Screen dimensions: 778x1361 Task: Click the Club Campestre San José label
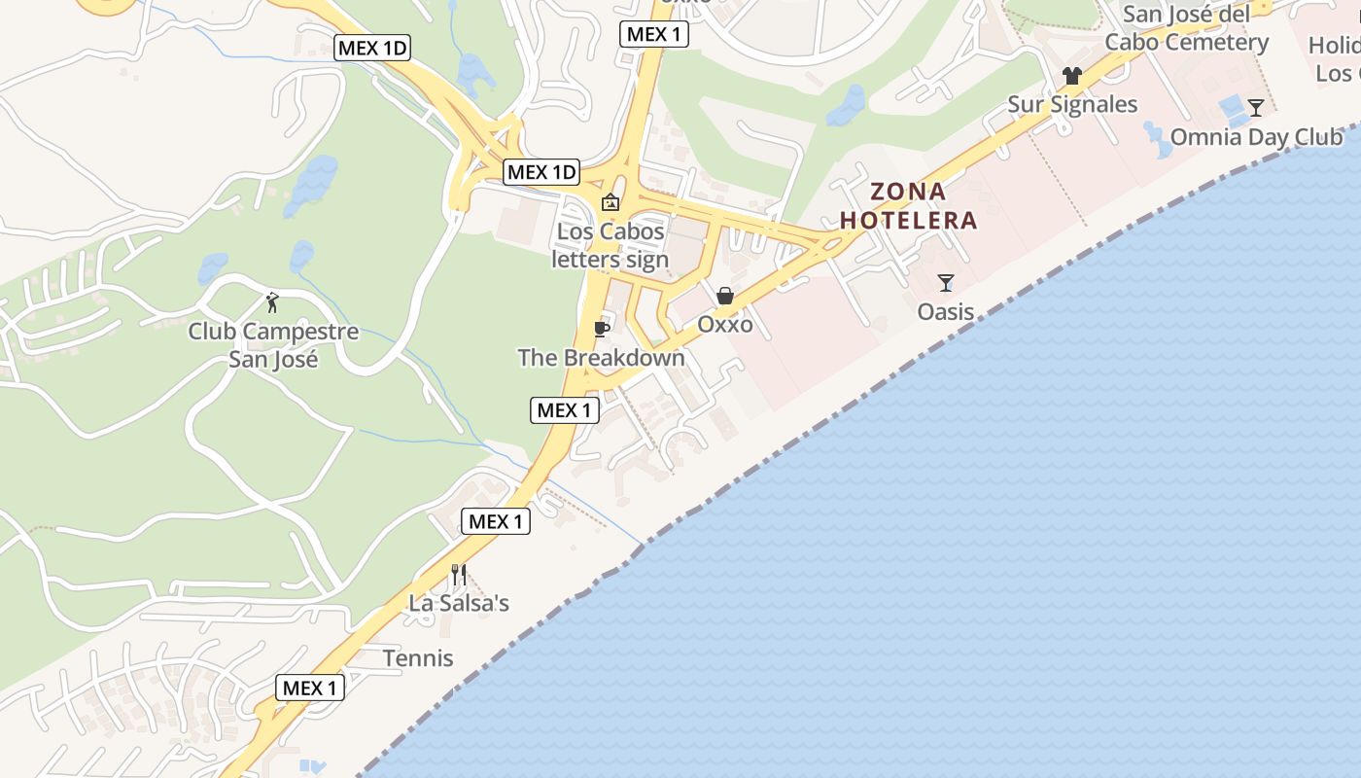point(273,345)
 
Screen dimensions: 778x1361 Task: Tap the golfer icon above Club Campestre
point(273,302)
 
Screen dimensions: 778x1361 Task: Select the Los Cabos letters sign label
point(611,245)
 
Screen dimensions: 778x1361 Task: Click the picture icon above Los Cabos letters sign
point(611,202)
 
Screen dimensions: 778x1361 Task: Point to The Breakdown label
point(601,358)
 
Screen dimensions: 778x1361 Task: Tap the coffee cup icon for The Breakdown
point(601,329)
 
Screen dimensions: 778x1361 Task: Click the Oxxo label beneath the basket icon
point(725,324)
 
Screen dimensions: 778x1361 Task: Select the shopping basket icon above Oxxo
point(725,296)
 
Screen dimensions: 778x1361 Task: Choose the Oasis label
point(946,311)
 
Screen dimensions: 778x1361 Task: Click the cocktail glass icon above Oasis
point(946,283)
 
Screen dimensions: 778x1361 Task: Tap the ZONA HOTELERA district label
point(908,206)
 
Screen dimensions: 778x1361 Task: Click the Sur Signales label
point(1072,104)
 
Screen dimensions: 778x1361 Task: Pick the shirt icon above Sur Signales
point(1072,76)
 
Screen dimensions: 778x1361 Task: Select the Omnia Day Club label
point(1256,136)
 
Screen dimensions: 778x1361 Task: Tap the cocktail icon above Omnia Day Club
point(1256,108)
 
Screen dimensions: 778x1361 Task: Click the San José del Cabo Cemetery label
point(1186,28)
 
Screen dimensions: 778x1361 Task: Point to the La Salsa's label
point(459,603)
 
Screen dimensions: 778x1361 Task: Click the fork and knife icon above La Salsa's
point(459,575)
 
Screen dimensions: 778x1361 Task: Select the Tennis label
point(418,658)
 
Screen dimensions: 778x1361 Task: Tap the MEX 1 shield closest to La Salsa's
point(496,521)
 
